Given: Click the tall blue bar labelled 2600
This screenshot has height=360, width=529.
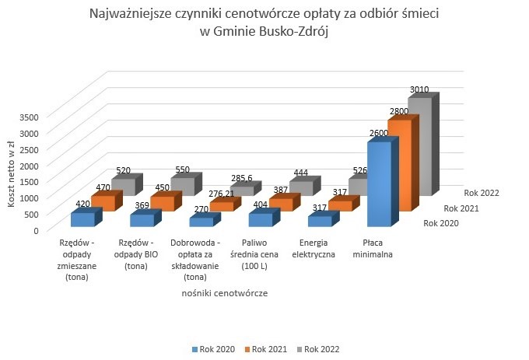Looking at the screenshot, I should pyautogui.click(x=378, y=183).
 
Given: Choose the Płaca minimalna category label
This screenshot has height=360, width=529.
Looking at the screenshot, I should pyautogui.click(x=378, y=248).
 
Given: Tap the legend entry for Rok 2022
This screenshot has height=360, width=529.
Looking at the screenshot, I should pyautogui.click(x=319, y=348).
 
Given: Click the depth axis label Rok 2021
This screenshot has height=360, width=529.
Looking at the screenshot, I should pyautogui.click(x=461, y=208).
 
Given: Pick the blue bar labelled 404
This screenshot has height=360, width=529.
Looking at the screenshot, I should pyautogui.click(x=259, y=220).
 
